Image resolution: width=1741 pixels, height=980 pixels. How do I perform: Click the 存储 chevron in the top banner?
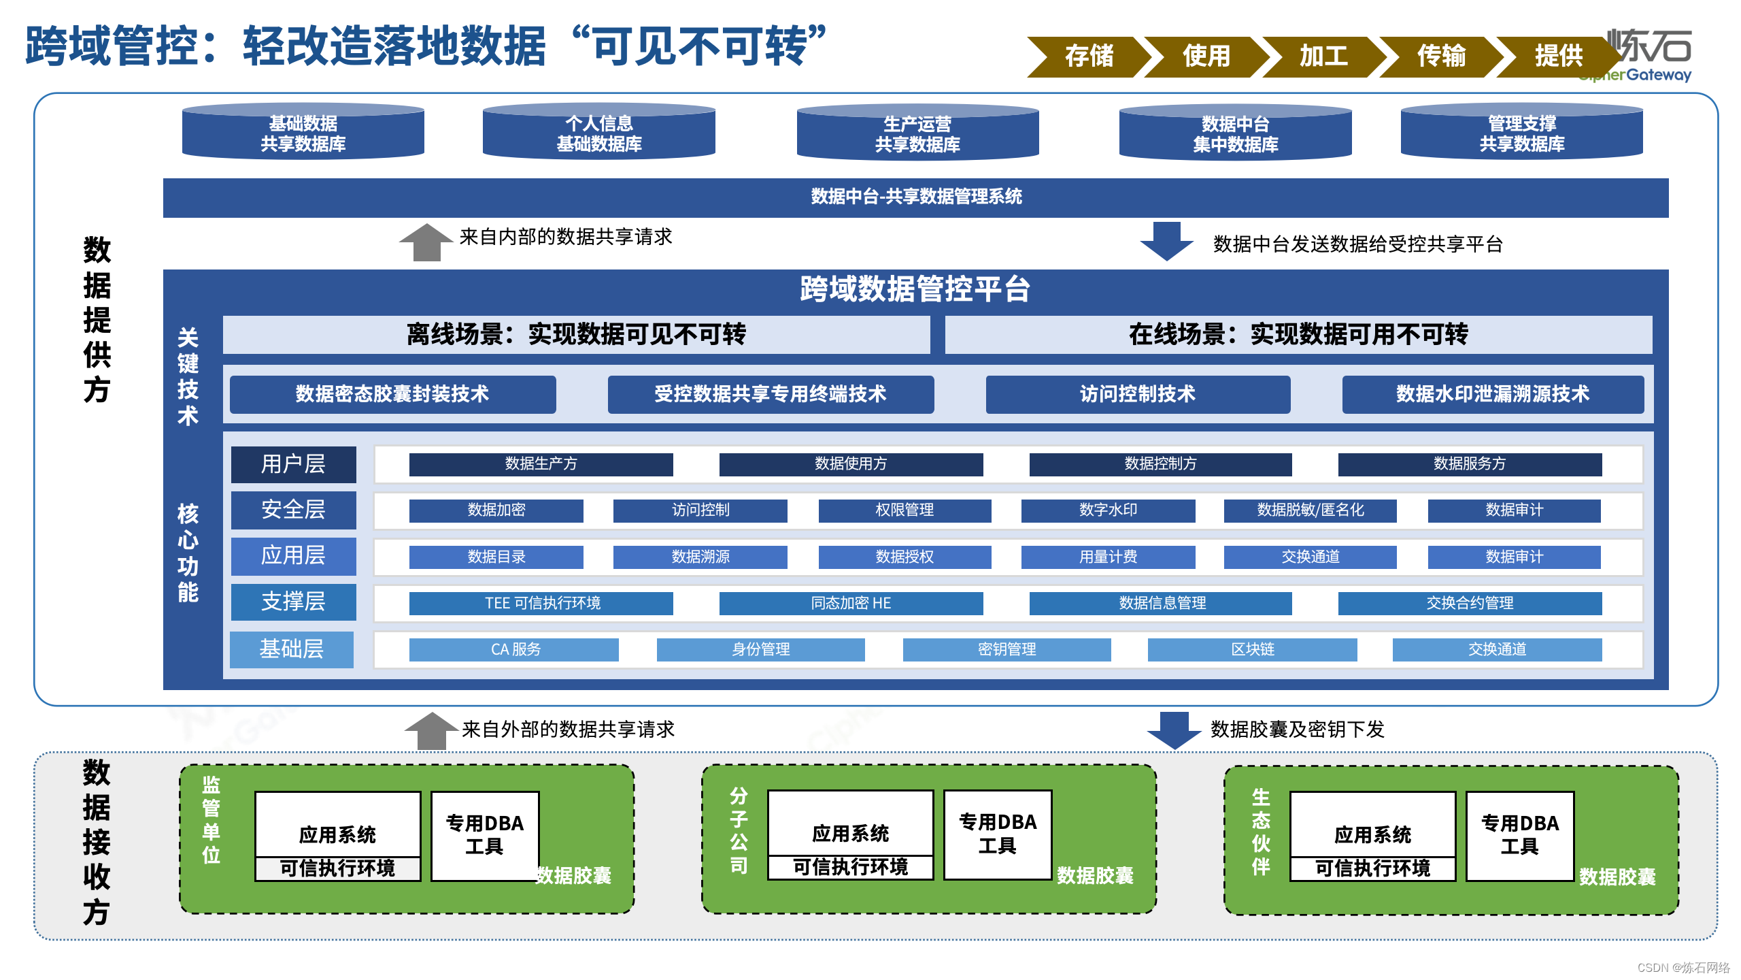tap(1088, 56)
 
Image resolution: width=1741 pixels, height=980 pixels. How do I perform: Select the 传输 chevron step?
tap(1440, 56)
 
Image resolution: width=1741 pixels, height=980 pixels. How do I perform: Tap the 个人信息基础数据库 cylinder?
tap(598, 133)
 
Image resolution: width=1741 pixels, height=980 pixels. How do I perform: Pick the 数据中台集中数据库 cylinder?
tap(1235, 133)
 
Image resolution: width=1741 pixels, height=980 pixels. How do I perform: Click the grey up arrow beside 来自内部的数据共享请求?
tap(426, 242)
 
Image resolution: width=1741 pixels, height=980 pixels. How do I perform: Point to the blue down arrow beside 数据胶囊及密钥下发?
tap(1174, 730)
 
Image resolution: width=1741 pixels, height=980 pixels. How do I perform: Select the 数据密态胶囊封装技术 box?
tap(392, 394)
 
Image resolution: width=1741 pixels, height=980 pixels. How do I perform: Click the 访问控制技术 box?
tap(1137, 394)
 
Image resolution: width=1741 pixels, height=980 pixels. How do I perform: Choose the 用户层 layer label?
tap(293, 464)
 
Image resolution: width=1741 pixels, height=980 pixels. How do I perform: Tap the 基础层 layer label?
tap(292, 649)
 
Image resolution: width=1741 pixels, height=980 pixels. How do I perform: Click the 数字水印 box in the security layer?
tap(1108, 510)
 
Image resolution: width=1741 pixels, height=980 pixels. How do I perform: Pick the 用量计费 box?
tap(1108, 557)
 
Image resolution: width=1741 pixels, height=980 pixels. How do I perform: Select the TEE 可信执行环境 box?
tap(541, 603)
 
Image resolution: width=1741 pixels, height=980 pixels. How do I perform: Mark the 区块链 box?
tap(1252, 649)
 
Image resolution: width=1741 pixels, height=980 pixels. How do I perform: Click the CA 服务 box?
tap(514, 649)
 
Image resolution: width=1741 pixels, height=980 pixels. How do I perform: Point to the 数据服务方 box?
tap(1470, 464)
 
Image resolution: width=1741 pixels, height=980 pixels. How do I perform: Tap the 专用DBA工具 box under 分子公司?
tap(998, 834)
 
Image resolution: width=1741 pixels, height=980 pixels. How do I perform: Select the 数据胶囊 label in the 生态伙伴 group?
tap(1617, 877)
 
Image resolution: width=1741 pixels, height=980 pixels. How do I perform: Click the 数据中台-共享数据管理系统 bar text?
tap(916, 197)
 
